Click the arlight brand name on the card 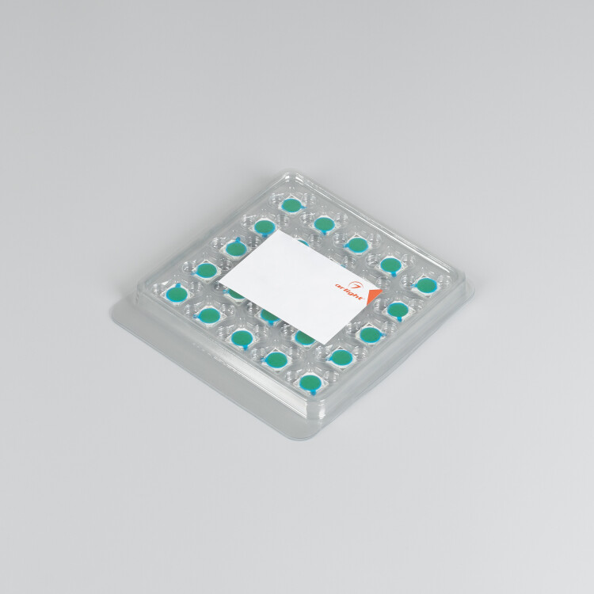pos(349,291)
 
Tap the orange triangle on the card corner pos(374,296)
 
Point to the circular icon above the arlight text pos(356,285)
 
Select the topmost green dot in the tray pos(291,205)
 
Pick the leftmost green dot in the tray pos(177,293)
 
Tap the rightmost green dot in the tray pos(427,286)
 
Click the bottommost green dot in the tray pos(310,383)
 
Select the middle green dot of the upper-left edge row pos(236,249)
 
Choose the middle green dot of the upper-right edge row pos(357,245)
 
